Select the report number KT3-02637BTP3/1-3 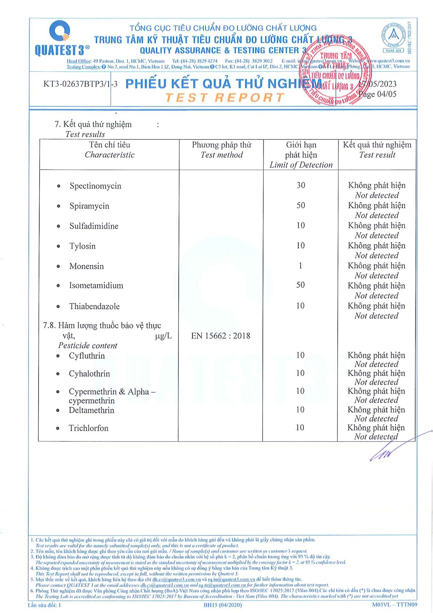point(80,84)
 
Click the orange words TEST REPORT point(225,98)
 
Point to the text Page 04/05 point(377,94)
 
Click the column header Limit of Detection point(301,165)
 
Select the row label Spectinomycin point(95,186)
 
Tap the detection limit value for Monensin point(300,266)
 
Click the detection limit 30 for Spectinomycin point(301,185)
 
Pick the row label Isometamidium point(96,286)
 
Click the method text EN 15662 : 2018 point(221,336)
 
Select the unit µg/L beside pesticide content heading point(163,336)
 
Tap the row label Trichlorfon point(88,428)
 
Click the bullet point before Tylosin point(58,246)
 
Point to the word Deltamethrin point(91,410)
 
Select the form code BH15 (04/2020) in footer point(222,605)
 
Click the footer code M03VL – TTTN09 point(394,605)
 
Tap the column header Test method point(222,155)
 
